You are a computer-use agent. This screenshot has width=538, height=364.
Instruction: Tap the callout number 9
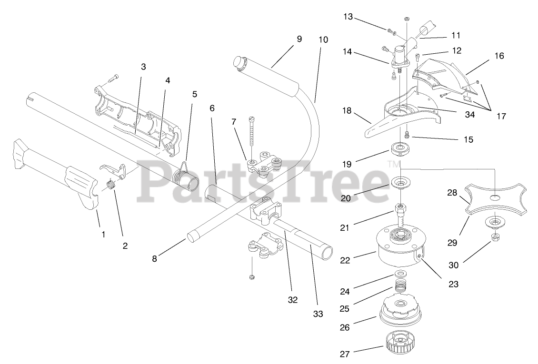tap(299, 39)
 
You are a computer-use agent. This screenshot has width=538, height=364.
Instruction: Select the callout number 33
tap(318, 314)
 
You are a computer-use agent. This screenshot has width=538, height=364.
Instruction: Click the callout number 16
tap(499, 56)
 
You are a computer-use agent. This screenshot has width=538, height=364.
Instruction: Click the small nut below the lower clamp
tap(251, 277)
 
